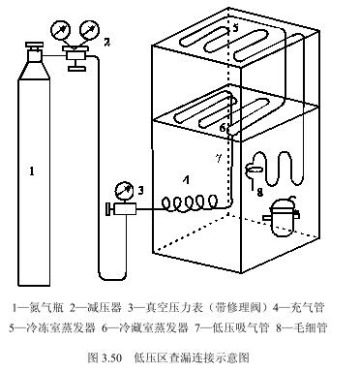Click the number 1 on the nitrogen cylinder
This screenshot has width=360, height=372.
coord(32,171)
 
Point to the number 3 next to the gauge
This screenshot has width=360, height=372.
coord(140,189)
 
